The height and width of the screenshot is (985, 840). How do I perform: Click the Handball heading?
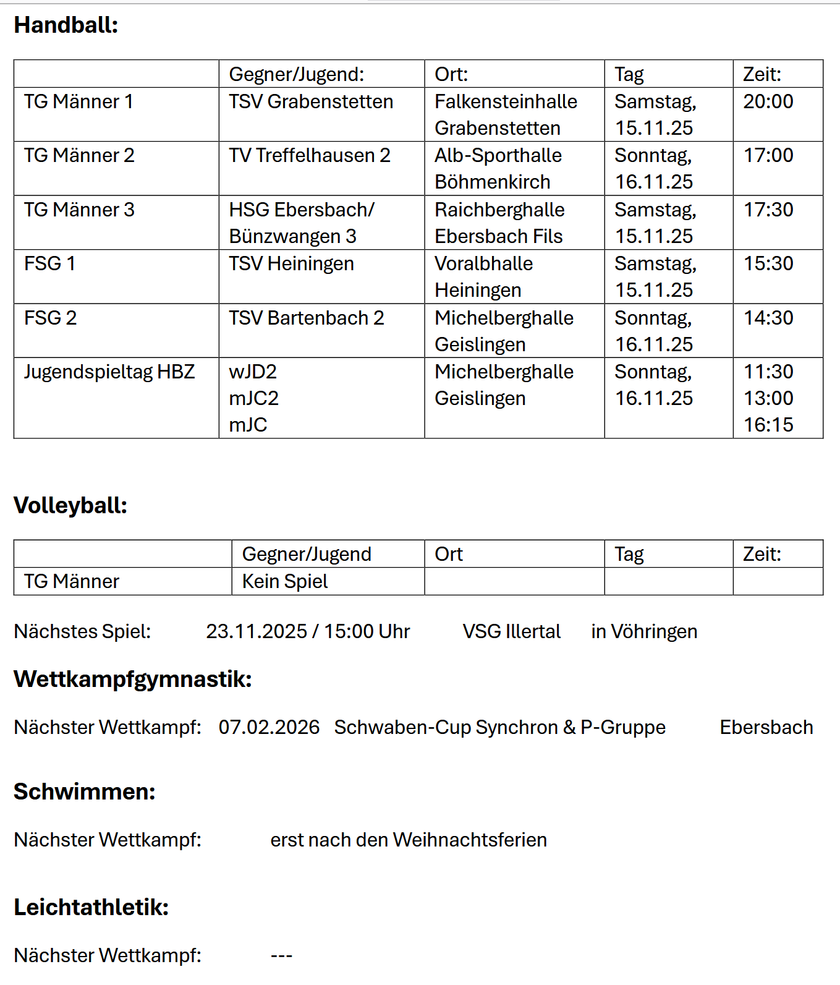click(66, 25)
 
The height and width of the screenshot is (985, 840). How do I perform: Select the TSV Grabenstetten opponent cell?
click(311, 101)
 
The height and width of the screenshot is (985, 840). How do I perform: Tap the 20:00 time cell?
click(768, 101)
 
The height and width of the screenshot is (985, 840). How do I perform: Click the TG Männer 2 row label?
click(79, 155)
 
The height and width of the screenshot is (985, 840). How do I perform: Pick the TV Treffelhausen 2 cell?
click(310, 155)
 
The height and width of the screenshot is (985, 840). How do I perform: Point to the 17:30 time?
click(768, 210)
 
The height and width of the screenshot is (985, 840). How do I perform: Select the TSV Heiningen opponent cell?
click(291, 264)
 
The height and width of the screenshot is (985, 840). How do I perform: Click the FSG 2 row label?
click(51, 318)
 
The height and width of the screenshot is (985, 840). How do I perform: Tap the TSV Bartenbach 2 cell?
click(307, 318)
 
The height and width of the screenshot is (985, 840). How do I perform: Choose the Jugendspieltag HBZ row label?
click(109, 372)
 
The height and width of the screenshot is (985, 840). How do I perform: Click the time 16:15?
click(768, 425)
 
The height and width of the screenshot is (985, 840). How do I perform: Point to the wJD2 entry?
click(253, 372)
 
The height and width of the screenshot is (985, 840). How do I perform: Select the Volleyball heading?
click(70, 506)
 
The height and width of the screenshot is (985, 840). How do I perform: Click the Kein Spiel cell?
click(285, 581)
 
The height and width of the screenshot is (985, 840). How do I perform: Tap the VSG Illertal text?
click(512, 631)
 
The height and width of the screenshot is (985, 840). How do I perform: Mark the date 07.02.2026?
click(269, 727)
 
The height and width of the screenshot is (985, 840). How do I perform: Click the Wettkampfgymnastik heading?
click(133, 679)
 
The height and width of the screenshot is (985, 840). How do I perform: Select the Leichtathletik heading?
click(91, 907)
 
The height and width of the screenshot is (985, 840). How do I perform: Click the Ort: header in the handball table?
click(451, 74)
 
